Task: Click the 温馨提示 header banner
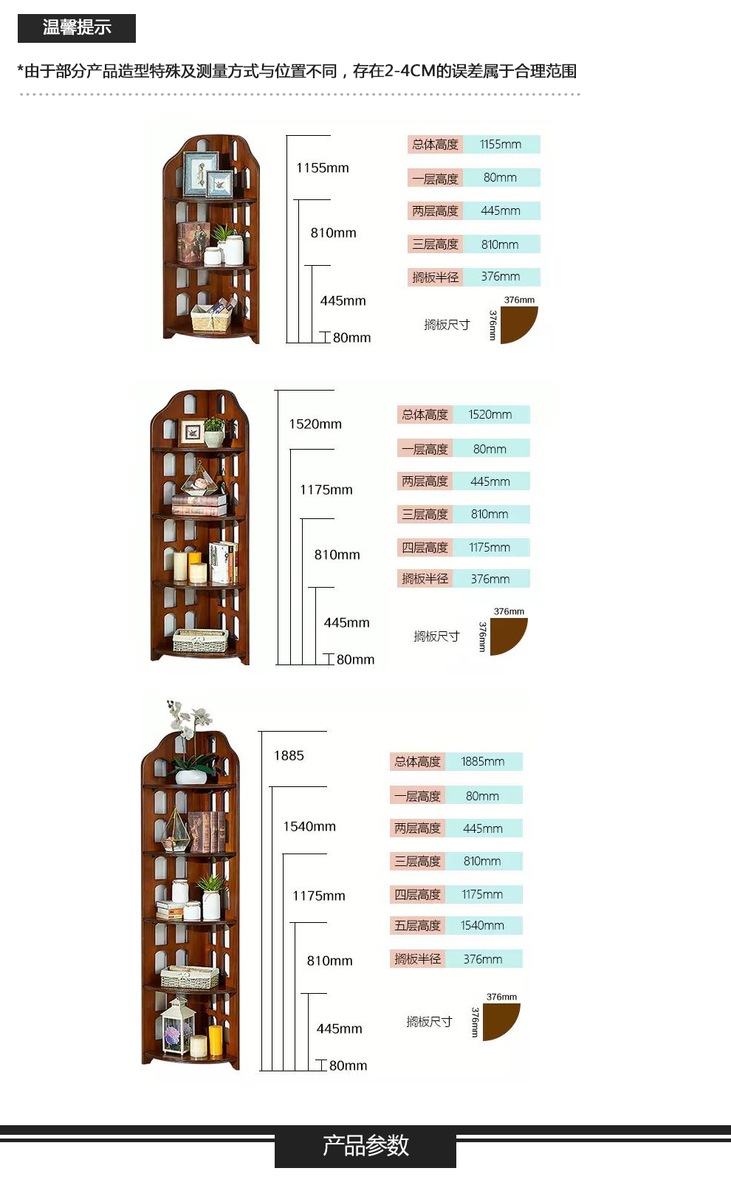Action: pyautogui.click(x=77, y=28)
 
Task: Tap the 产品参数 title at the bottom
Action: pyautogui.click(x=365, y=1145)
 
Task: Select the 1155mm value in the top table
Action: pyautogui.click(x=501, y=145)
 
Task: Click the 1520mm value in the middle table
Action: pyautogui.click(x=490, y=414)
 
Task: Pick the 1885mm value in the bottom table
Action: pyautogui.click(x=483, y=761)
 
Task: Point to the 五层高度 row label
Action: pyautogui.click(x=418, y=925)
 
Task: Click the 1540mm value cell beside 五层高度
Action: pyautogui.click(x=483, y=925)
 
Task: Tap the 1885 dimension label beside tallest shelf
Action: pyautogui.click(x=289, y=755)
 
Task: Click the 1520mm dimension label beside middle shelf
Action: pyautogui.click(x=315, y=424)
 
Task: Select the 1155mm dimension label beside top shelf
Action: pyautogui.click(x=323, y=168)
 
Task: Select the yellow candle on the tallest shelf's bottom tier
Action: pyautogui.click(x=215, y=1040)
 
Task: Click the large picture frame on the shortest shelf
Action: pyautogui.click(x=202, y=173)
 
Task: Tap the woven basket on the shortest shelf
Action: pyautogui.click(x=211, y=317)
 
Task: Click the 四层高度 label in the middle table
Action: pyautogui.click(x=425, y=547)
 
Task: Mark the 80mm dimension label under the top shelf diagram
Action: pyautogui.click(x=351, y=337)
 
